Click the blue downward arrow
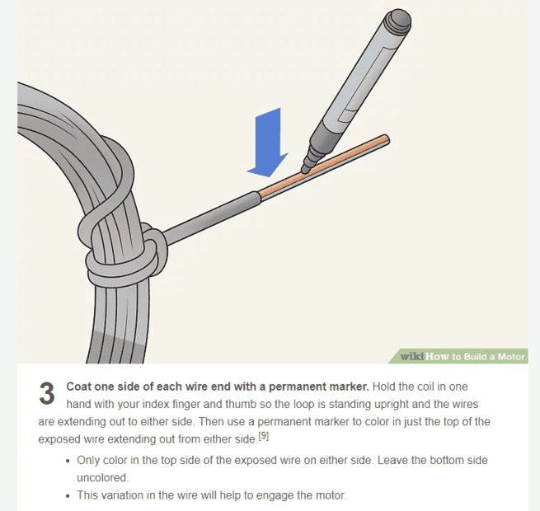(x=268, y=143)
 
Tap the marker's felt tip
(x=305, y=169)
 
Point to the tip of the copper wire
(x=387, y=140)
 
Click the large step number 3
(x=46, y=393)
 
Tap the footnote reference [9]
(x=264, y=436)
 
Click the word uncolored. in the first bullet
(x=102, y=477)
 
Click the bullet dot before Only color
(x=68, y=461)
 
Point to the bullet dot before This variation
(x=68, y=496)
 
